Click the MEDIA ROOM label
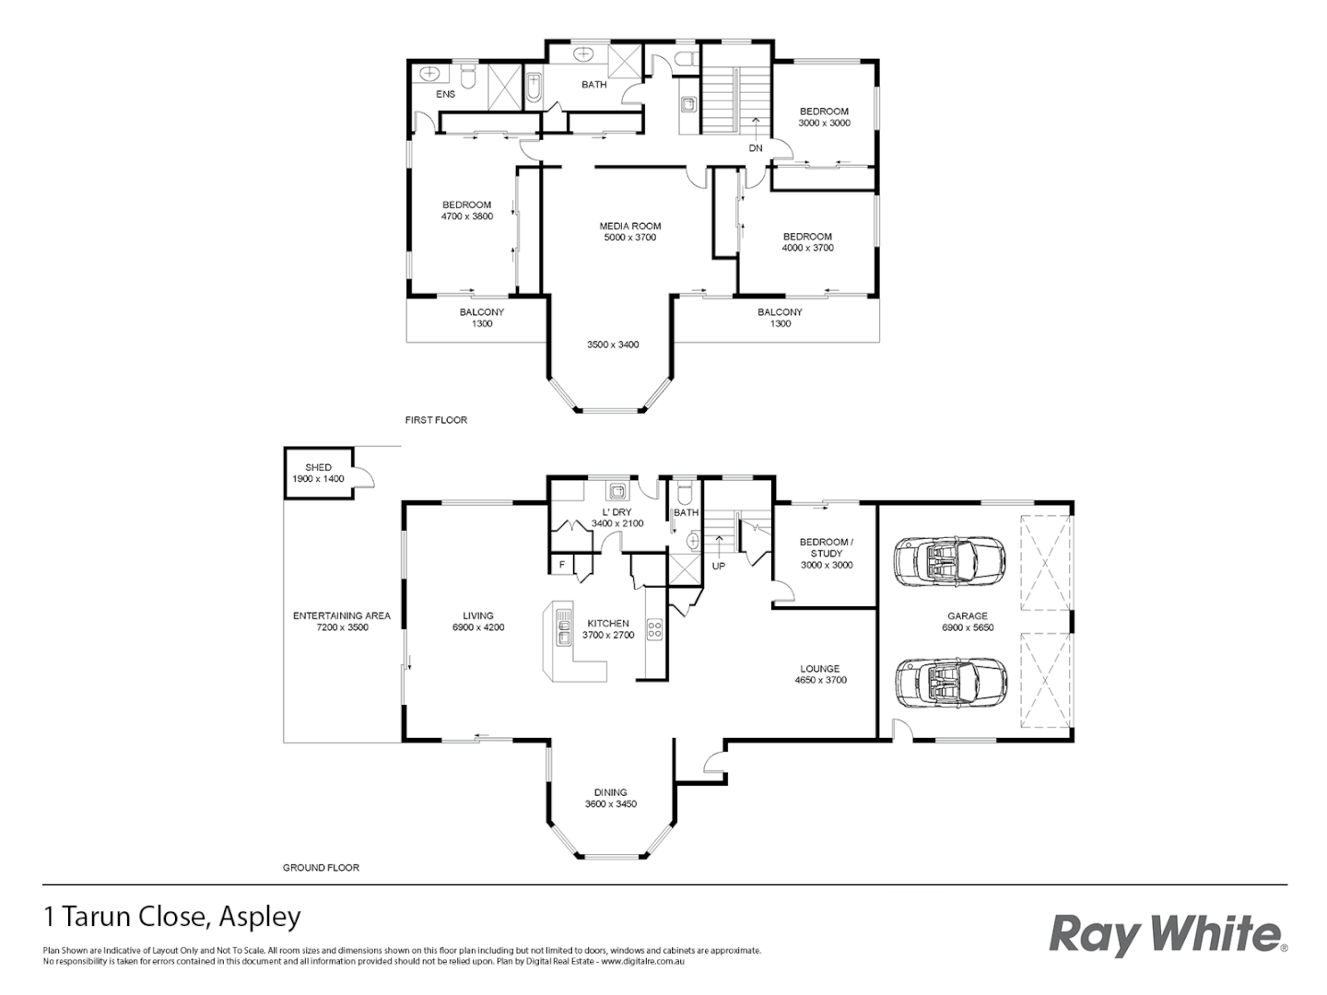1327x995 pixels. tap(629, 226)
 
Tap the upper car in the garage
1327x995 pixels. tap(949, 559)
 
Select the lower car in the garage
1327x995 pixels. tap(949, 684)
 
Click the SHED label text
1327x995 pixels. tap(318, 468)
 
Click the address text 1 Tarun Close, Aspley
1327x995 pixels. tap(172, 917)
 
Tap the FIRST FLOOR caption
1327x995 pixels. tap(436, 420)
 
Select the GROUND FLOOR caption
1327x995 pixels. tap(320, 868)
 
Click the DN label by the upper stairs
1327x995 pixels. tap(756, 148)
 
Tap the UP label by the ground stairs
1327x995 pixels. tap(718, 566)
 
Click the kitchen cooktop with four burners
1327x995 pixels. tap(654, 630)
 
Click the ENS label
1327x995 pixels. tap(445, 94)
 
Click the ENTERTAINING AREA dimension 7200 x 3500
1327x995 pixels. tap(342, 627)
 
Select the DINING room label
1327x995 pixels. tap(610, 792)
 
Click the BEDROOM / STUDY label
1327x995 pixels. tap(826, 547)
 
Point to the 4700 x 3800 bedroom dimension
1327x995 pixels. tap(467, 217)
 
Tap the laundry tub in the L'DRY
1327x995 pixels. tap(617, 490)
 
